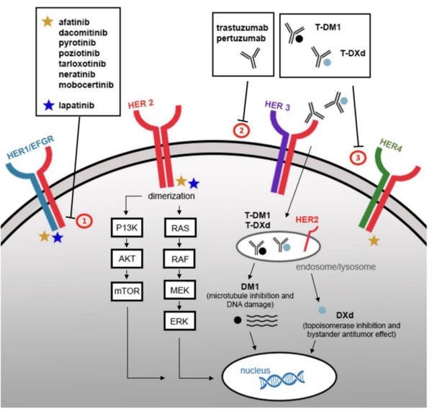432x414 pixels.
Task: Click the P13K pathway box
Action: [127, 228]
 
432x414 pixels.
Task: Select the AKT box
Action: [127, 258]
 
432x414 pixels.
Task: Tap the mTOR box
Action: [127, 291]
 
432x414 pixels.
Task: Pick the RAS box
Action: [181, 228]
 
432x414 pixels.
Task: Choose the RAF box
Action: [179, 259]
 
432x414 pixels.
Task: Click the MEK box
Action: [180, 290]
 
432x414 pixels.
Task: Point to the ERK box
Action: [179, 321]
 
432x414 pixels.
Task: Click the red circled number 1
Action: [84, 220]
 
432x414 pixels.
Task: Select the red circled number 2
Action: [242, 130]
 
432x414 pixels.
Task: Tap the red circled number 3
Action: [358, 158]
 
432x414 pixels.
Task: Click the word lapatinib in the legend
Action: [76, 106]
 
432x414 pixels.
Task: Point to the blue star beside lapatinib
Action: [49, 105]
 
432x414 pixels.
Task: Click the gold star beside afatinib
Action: [48, 22]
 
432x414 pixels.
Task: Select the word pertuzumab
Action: [241, 39]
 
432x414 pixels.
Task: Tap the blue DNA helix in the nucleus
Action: [282, 380]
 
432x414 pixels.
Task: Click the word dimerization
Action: [171, 196]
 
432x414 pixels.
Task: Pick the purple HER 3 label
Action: [277, 106]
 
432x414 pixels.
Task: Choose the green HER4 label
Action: [391, 145]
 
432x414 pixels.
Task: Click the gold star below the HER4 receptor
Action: [374, 240]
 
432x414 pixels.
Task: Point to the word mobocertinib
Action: [86, 85]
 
